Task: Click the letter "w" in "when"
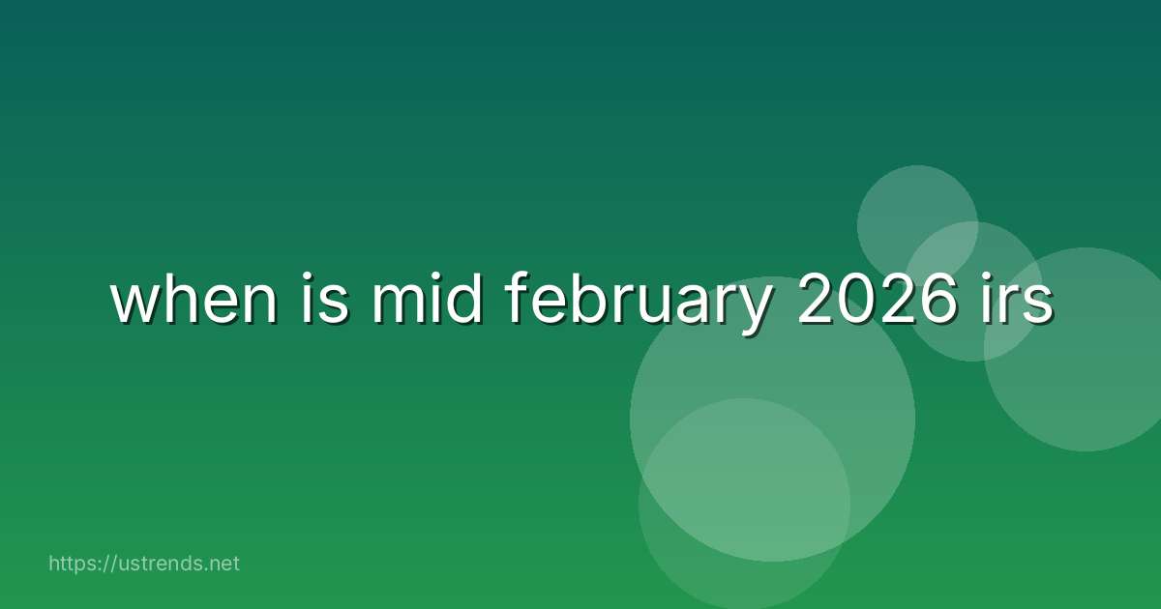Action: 134,305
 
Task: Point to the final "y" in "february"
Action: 756,309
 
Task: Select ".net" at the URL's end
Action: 220,563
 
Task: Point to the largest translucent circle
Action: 772,419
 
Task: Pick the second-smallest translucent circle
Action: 972,291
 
